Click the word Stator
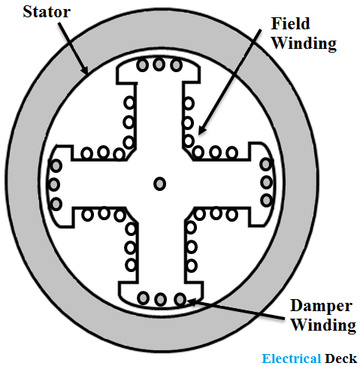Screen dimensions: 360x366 pos(47,11)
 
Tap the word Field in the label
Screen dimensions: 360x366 pos(291,23)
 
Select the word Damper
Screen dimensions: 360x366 pos(321,306)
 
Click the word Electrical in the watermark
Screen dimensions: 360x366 pos(292,358)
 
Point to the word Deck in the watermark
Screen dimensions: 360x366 pos(340,358)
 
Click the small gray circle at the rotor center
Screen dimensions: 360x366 pos(159,183)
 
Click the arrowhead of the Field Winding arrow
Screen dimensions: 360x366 pos(201,130)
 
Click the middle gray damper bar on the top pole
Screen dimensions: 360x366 pos(159,65)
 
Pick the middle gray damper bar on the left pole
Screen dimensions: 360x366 pos(53,185)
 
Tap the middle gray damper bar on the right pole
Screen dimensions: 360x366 pos(266,183)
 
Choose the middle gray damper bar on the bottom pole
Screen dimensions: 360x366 pos(160,299)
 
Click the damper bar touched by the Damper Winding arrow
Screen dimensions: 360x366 pos(180,299)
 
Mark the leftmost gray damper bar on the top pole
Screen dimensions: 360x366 pos(142,65)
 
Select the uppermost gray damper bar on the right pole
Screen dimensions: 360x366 pos(266,165)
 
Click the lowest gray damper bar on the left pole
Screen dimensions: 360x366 pos(56,204)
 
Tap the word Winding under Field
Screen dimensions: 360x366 pos(304,43)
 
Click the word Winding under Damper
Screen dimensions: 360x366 pos(323,325)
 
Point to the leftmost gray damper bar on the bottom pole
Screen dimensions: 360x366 pos(144,298)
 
